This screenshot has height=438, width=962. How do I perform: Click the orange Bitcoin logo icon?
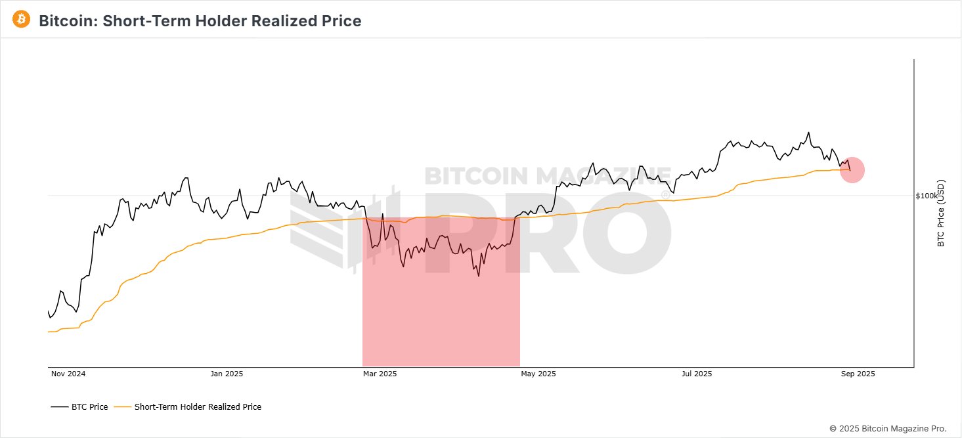[22, 19]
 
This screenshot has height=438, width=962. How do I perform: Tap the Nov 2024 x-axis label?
[68, 374]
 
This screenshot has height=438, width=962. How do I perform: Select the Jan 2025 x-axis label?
[227, 374]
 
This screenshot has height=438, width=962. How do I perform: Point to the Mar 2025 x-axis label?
[380, 374]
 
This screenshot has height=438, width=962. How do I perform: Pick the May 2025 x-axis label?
[538, 374]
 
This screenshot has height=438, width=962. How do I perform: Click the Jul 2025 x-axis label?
[696, 374]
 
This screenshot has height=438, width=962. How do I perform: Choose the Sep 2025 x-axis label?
[858, 374]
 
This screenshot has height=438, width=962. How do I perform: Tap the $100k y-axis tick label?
[927, 196]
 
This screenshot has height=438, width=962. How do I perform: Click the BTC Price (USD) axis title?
[941, 213]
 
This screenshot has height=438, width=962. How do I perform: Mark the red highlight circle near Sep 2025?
[852, 171]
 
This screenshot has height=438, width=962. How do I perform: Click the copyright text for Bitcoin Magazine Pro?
[888, 428]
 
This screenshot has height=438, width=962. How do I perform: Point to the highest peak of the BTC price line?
[808, 132]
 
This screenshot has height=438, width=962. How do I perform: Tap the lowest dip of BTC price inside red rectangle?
[479, 276]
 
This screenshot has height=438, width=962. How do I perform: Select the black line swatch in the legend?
[60, 407]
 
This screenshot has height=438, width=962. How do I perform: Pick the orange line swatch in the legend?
[123, 407]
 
